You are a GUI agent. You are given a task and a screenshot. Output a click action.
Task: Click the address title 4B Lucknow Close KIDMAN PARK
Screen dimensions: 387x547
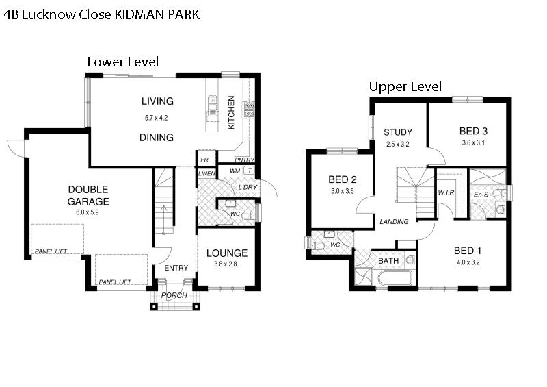(102, 14)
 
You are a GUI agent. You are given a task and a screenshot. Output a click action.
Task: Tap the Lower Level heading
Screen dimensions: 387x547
(123, 62)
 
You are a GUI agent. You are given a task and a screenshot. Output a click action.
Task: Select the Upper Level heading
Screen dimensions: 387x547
(405, 87)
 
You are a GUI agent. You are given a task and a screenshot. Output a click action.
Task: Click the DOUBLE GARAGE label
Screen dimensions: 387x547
(88, 195)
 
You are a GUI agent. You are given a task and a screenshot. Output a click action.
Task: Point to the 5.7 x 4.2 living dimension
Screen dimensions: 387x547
(156, 118)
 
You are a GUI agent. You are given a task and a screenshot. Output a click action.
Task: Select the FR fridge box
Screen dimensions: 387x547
(204, 160)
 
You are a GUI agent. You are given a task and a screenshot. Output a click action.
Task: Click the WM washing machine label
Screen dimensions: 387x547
(235, 171)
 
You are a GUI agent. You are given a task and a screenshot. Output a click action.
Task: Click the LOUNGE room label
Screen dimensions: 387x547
(226, 253)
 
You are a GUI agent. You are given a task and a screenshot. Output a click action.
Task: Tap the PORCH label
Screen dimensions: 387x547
(174, 296)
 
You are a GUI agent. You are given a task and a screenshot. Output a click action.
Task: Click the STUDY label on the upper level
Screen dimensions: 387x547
(397, 132)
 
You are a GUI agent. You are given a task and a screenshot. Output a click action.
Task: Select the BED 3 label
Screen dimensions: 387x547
(473, 131)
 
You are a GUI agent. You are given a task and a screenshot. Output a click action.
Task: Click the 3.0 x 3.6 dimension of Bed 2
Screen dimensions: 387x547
(342, 192)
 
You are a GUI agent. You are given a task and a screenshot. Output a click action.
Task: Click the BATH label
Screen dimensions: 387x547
(388, 261)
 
